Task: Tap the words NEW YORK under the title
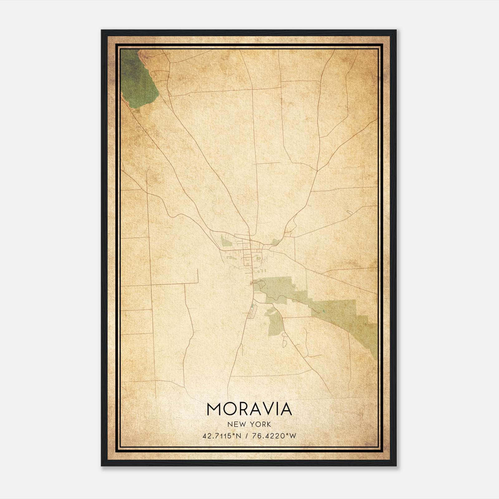249,424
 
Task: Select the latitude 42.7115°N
221,436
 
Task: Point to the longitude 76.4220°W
274,436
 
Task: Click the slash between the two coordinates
247,436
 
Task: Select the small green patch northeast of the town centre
275,241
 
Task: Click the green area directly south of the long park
275,323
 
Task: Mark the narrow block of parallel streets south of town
253,312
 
